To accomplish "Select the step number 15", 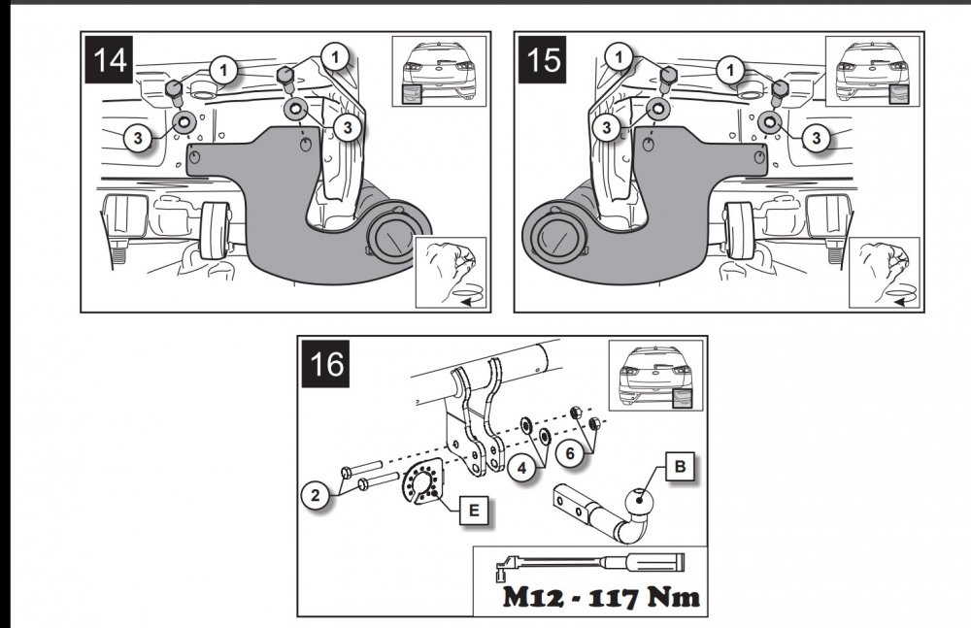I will pos(545,60).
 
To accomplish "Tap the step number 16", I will pos(329,367).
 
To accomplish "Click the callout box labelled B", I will pos(681,468).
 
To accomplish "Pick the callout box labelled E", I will pos(472,506).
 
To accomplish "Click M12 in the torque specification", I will pos(531,595).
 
